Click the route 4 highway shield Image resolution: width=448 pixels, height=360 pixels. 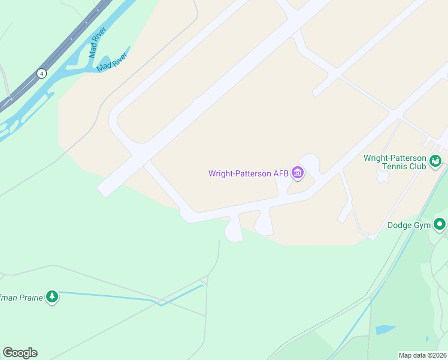pyautogui.click(x=41, y=73)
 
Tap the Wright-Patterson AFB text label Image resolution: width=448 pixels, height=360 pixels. pyautogui.click(x=249, y=174)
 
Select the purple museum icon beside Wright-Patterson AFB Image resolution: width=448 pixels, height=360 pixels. pyautogui.click(x=298, y=173)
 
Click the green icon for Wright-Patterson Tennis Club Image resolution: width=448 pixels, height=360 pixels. pyautogui.click(x=435, y=161)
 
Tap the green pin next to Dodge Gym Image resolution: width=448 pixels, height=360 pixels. pyautogui.click(x=440, y=224)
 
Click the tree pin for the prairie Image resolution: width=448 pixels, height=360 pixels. pyautogui.click(x=53, y=296)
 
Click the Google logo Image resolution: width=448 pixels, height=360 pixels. pyautogui.click(x=20, y=353)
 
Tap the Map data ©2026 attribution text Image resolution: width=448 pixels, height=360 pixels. pyautogui.click(x=423, y=355)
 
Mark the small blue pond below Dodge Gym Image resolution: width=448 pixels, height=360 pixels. pyautogui.click(x=385, y=329)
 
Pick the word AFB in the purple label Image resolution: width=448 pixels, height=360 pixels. pyautogui.click(x=281, y=174)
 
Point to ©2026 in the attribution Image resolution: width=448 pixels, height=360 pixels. pyautogui.click(x=436, y=355)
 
